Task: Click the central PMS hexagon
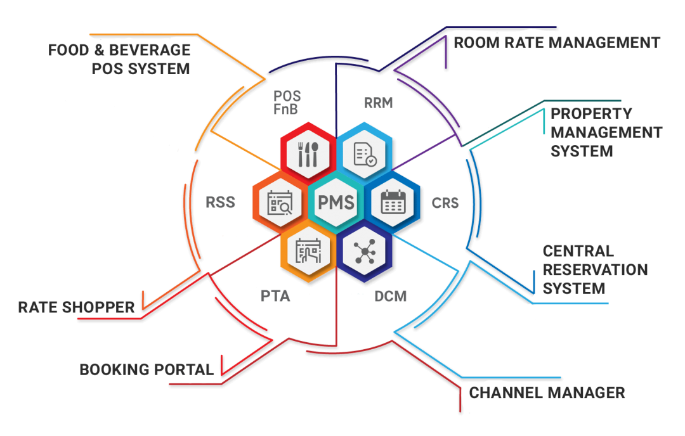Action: pyautogui.click(x=336, y=203)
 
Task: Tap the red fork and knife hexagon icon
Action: pyautogui.click(x=308, y=153)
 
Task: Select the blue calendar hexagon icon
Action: pyautogui.click(x=392, y=203)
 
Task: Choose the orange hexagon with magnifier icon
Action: pyautogui.click(x=280, y=203)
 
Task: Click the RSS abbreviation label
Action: pyautogui.click(x=221, y=203)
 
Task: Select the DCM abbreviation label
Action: pyautogui.click(x=390, y=296)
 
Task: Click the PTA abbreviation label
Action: pyautogui.click(x=275, y=296)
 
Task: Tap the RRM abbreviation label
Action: pyautogui.click(x=378, y=103)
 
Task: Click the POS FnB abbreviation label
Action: pyautogui.click(x=287, y=103)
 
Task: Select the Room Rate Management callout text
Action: pyautogui.click(x=556, y=43)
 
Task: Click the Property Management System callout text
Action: pyautogui.click(x=606, y=132)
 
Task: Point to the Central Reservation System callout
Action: pyautogui.click(x=594, y=270)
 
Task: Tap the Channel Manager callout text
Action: pyautogui.click(x=547, y=393)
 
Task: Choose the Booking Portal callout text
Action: pyautogui.click(x=147, y=369)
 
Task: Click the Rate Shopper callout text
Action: pyautogui.click(x=76, y=308)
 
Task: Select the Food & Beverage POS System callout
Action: pyautogui.click(x=119, y=59)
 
